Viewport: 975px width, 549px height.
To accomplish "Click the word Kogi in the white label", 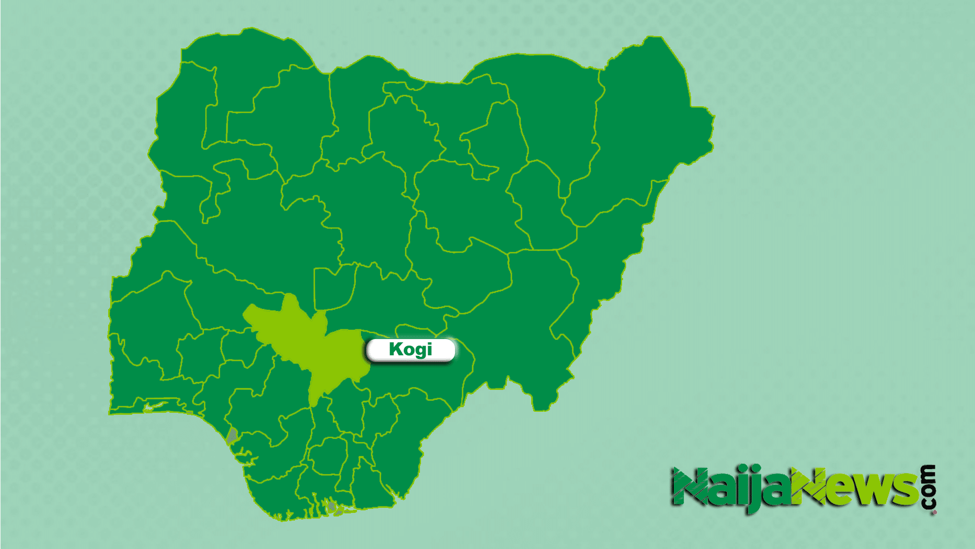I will [x=410, y=350].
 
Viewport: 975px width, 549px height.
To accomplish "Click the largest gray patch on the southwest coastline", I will [x=232, y=435].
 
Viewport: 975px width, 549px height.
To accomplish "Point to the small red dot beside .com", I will [x=934, y=513].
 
